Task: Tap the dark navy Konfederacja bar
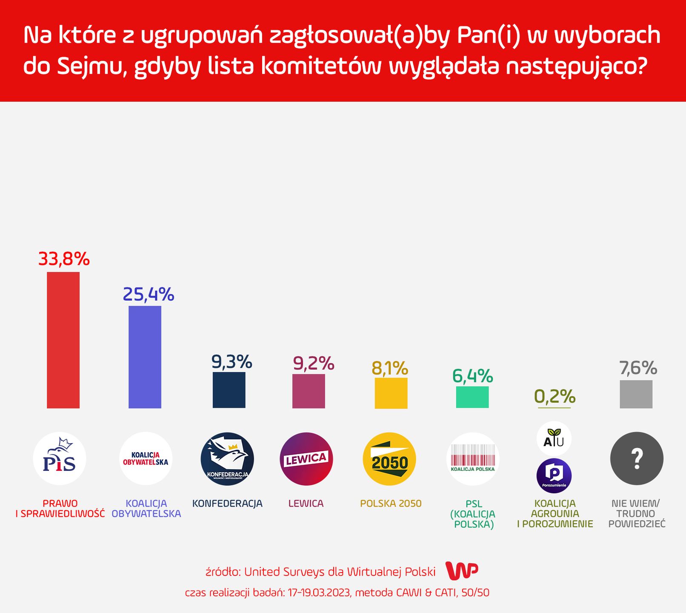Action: click(229, 390)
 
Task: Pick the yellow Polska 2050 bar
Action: click(391, 393)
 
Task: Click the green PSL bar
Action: click(472, 397)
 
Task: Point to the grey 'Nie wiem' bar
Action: click(636, 394)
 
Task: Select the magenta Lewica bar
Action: click(309, 391)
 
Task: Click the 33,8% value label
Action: click(64, 259)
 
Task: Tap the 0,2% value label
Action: click(555, 396)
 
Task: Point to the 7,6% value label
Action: click(638, 368)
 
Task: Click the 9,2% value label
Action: click(313, 363)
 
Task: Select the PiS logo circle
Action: click(60, 458)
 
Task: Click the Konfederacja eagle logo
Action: click(227, 459)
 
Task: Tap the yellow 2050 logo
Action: click(389, 459)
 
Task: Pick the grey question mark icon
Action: click(637, 458)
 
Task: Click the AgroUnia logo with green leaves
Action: click(554, 438)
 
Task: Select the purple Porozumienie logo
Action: click(554, 476)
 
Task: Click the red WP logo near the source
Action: click(462, 571)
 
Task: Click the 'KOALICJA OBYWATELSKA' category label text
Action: click(146, 509)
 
